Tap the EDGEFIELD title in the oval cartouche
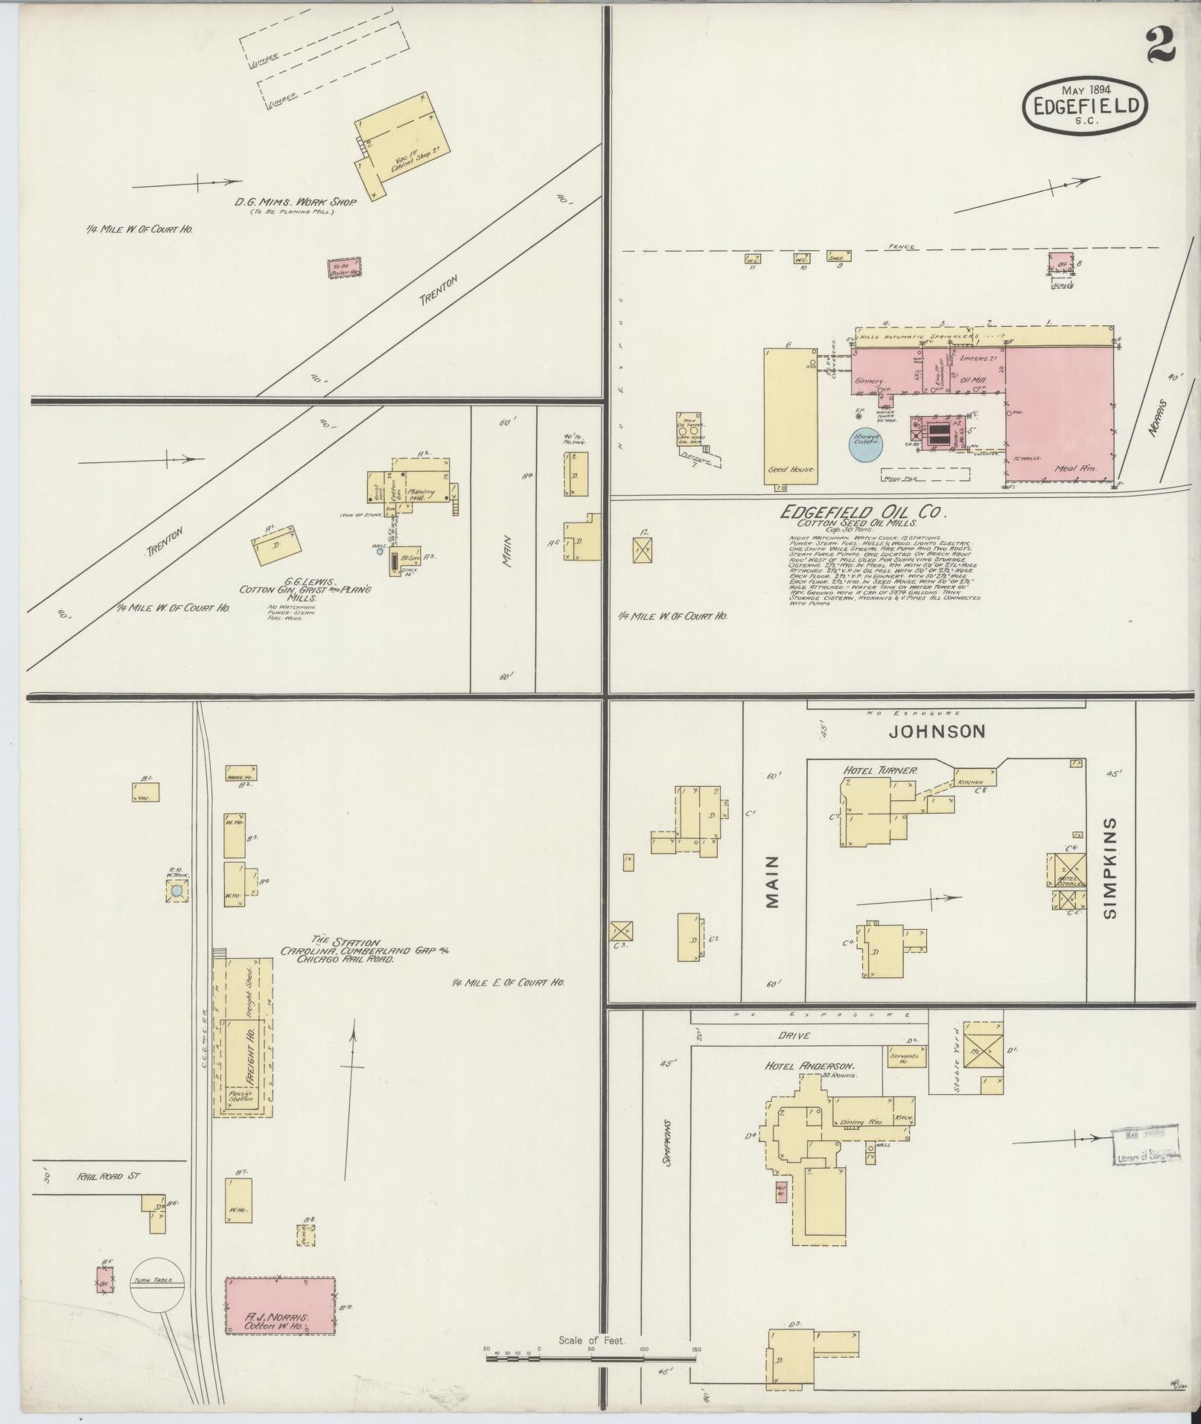[x=1086, y=106]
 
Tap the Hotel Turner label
[x=879, y=770]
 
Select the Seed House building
[x=790, y=417]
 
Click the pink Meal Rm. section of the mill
[x=1059, y=417]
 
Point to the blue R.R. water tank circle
[x=176, y=890]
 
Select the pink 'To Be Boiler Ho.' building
[x=345, y=268]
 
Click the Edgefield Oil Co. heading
[x=863, y=512]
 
